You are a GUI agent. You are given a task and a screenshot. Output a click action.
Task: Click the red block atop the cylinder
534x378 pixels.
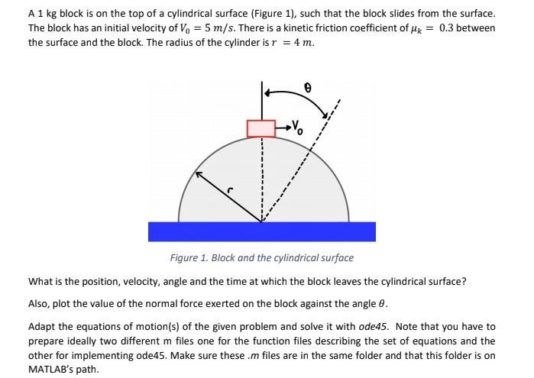tap(261, 128)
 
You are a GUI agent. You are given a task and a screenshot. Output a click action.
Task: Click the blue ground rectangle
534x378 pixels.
tap(261, 231)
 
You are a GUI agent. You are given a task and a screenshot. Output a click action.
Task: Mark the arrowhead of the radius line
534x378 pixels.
tap(198, 175)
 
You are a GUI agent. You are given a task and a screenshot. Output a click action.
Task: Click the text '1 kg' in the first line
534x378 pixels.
tap(47, 13)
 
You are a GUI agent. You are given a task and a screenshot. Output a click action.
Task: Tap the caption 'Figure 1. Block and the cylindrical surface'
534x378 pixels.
tap(261, 258)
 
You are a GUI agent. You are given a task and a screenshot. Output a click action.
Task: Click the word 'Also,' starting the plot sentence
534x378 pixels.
tap(40, 302)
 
